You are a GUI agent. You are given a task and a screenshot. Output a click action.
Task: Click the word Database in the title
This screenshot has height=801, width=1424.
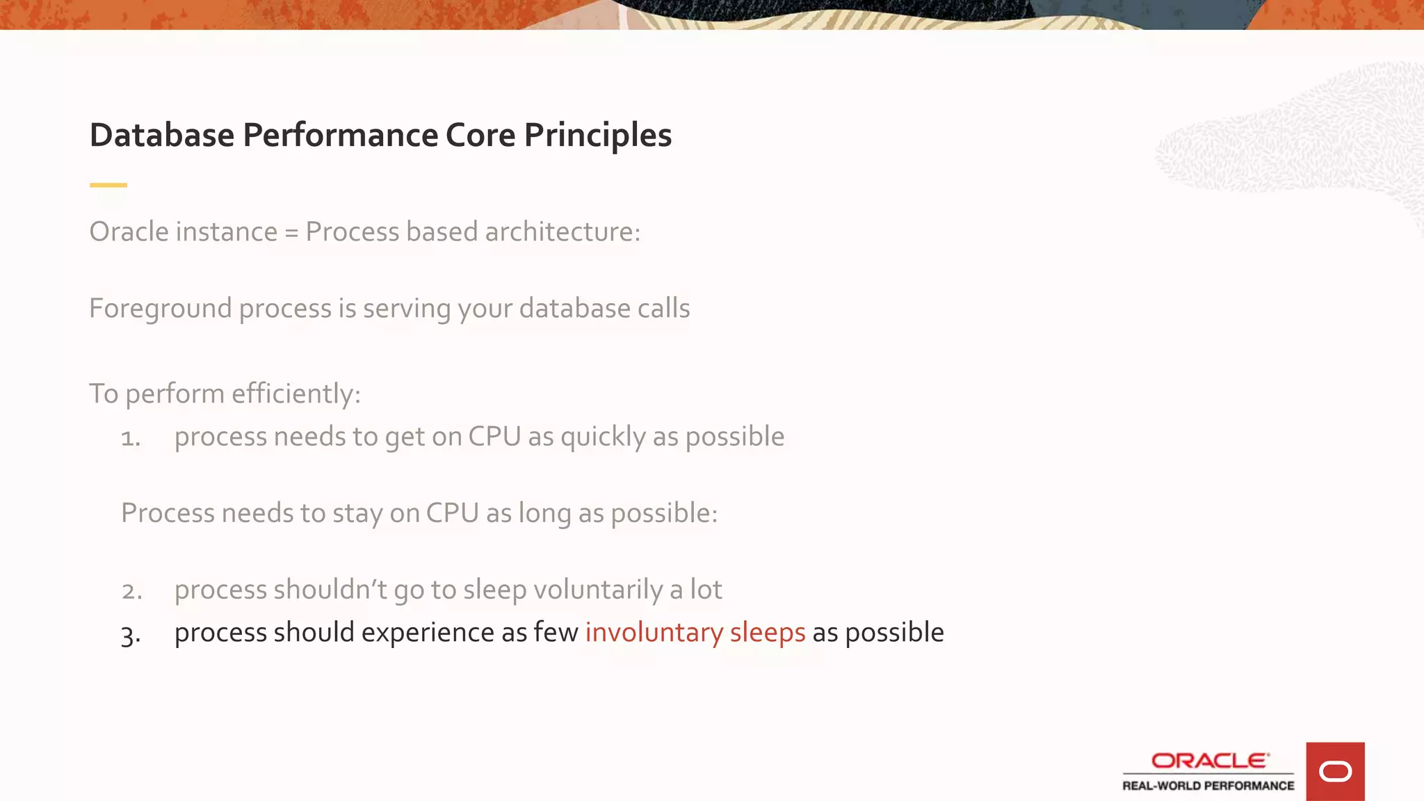coord(162,135)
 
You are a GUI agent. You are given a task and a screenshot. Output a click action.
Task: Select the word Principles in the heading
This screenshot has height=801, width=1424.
coord(598,135)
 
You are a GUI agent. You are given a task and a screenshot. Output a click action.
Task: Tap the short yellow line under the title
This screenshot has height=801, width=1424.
coord(108,185)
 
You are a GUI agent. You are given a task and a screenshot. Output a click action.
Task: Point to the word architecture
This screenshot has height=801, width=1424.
coord(563,232)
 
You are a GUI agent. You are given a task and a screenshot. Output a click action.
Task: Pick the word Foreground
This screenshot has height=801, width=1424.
coord(160,309)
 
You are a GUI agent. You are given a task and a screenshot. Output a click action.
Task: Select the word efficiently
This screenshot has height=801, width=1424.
coord(296,394)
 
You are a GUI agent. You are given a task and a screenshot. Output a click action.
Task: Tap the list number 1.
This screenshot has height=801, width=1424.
coord(130,438)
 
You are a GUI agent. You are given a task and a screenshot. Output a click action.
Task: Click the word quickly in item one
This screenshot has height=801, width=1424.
coord(603,437)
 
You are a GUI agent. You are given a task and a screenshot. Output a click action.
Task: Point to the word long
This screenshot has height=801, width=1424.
coord(544,514)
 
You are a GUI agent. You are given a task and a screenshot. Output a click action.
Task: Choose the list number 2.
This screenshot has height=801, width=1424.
coord(131,591)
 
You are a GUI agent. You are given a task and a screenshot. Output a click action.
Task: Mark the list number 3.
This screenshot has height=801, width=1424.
coord(130,634)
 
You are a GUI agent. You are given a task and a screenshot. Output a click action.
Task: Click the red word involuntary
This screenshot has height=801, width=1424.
coord(654,633)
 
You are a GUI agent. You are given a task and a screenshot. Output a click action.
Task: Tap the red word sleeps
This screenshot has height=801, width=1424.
coord(767,633)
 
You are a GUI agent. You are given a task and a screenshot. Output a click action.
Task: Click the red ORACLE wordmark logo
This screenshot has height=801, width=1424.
coord(1210,761)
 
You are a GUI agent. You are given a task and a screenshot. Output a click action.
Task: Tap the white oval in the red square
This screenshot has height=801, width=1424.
coord(1335,772)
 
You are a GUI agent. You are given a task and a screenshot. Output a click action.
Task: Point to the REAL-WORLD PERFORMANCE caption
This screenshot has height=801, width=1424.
coord(1208,786)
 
